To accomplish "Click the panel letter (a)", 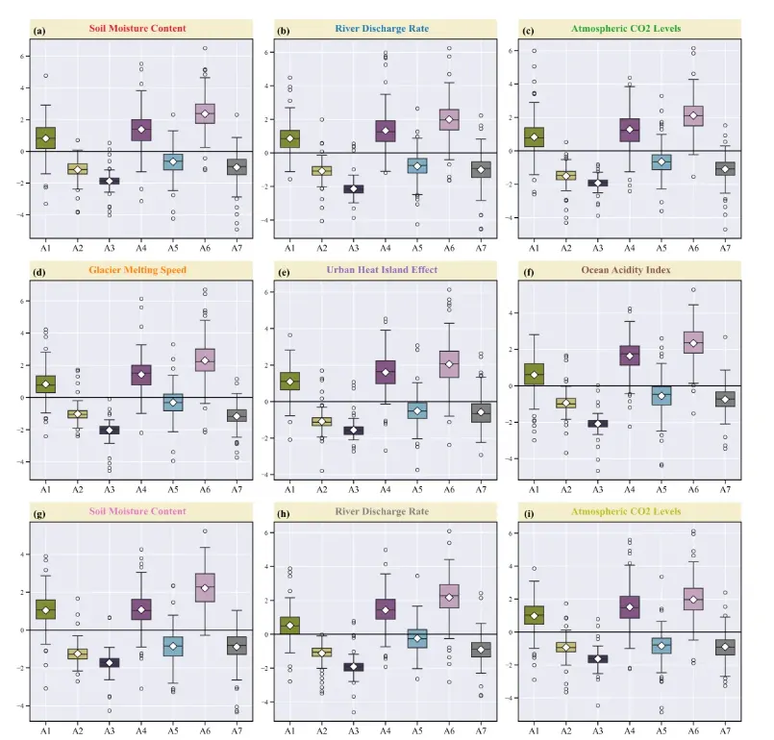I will coord(39,31).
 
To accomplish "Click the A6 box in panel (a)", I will coord(204,113).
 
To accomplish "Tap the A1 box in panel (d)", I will coord(46,383).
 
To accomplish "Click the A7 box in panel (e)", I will coord(481,412).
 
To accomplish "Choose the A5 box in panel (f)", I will coord(661,393).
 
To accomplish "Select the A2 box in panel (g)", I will coord(78,654).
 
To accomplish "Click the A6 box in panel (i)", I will coord(692,600).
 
